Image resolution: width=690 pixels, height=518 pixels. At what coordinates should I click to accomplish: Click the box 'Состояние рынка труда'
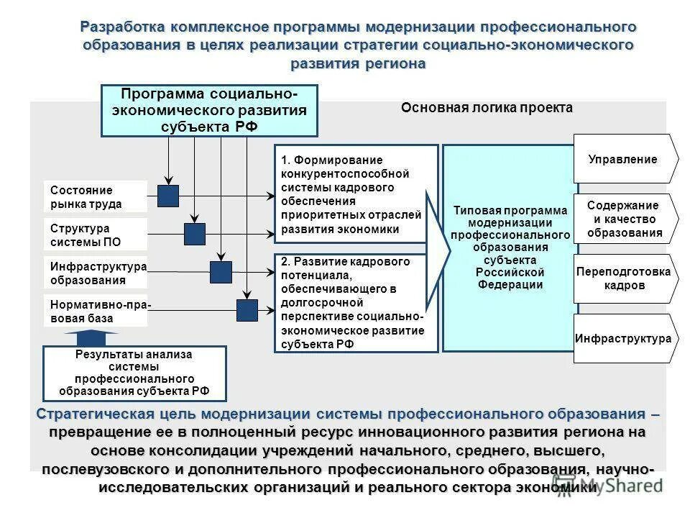point(95,197)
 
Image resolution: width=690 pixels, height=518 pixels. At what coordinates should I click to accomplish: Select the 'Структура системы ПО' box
point(95,235)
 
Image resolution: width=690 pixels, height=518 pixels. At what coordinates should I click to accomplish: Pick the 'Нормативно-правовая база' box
point(96,311)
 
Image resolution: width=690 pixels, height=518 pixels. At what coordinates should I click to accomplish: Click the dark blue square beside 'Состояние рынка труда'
point(168,196)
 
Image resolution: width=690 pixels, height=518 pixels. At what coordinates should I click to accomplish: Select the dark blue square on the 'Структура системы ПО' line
point(195,234)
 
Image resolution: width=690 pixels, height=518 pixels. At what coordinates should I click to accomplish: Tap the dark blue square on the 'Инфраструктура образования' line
point(221,272)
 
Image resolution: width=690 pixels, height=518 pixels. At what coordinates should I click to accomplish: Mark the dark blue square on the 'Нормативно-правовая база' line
point(247,310)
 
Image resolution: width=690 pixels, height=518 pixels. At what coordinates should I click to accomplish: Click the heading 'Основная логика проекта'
point(487,108)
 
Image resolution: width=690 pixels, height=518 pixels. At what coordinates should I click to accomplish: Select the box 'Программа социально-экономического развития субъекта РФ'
point(209,111)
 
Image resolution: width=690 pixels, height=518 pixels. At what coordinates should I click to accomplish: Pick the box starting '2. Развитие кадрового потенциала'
point(356,303)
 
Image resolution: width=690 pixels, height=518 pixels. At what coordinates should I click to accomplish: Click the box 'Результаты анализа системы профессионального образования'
point(134,373)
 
